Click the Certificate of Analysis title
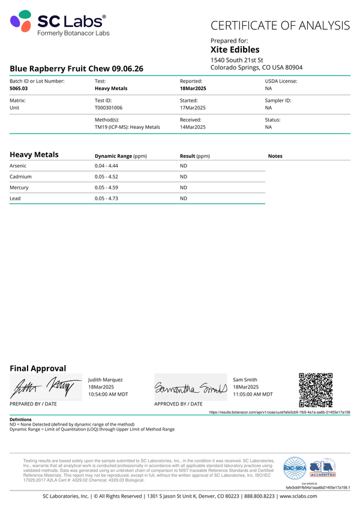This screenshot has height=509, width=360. (x=280, y=25)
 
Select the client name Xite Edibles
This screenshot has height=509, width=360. (x=235, y=50)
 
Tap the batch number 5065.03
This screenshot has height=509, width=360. (x=19, y=88)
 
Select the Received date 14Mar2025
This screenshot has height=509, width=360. (x=193, y=127)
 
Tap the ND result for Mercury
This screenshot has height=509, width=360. (x=184, y=188)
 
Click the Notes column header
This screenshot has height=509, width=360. (x=275, y=156)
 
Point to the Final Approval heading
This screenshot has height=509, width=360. (x=38, y=369)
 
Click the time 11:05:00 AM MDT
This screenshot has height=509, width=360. (x=253, y=394)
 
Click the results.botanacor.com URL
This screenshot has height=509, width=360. (x=279, y=412)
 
